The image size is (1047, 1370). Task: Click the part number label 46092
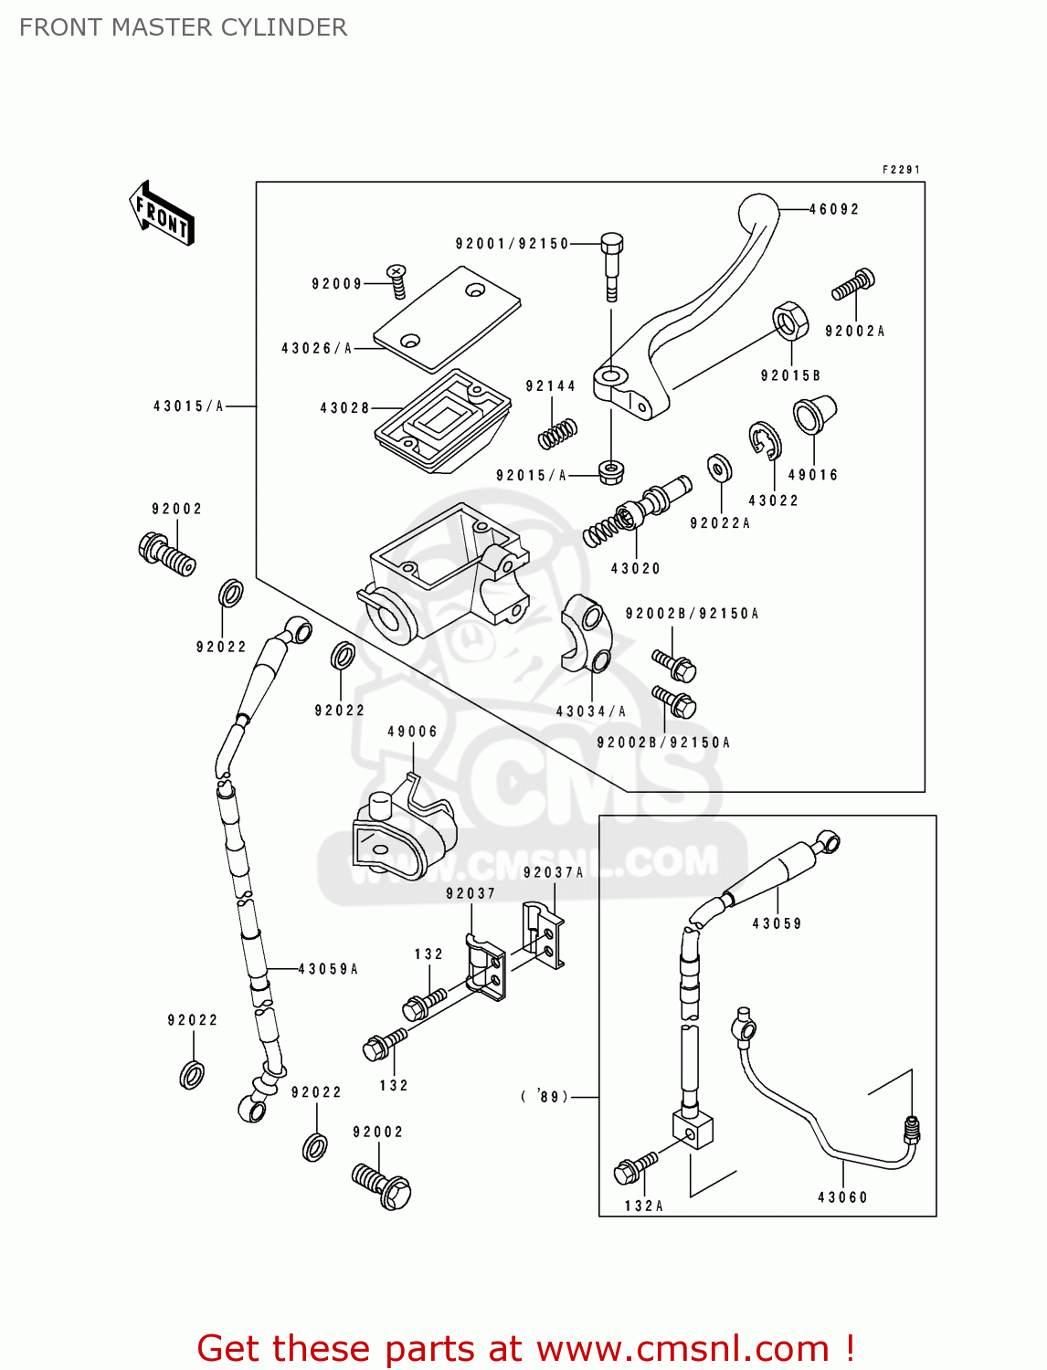(x=834, y=209)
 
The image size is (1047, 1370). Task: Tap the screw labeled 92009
(x=397, y=280)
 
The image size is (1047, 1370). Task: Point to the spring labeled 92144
(x=556, y=433)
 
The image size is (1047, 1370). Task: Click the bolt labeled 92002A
(x=853, y=284)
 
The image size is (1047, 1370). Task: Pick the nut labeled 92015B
(x=790, y=321)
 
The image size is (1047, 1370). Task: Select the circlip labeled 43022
(x=765, y=440)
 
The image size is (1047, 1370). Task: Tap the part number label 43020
(x=636, y=568)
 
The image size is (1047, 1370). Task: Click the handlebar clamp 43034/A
(x=585, y=633)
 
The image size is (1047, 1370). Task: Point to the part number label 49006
(x=413, y=732)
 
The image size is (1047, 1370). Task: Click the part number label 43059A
(x=329, y=969)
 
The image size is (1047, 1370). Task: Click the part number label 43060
(x=842, y=1197)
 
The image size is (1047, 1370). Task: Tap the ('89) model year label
(x=545, y=1097)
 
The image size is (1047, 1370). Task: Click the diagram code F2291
(x=901, y=170)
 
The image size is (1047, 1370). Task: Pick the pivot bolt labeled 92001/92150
(x=612, y=265)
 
